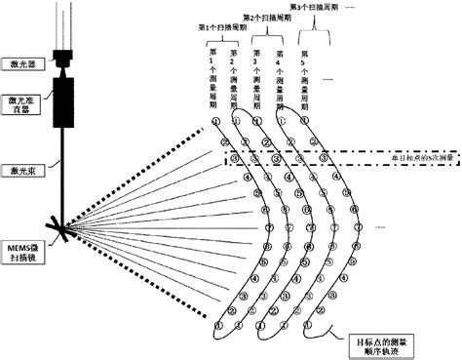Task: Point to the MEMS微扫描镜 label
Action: point(22,230)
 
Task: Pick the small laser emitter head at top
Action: point(66,60)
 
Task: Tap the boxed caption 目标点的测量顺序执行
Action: point(376,343)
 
